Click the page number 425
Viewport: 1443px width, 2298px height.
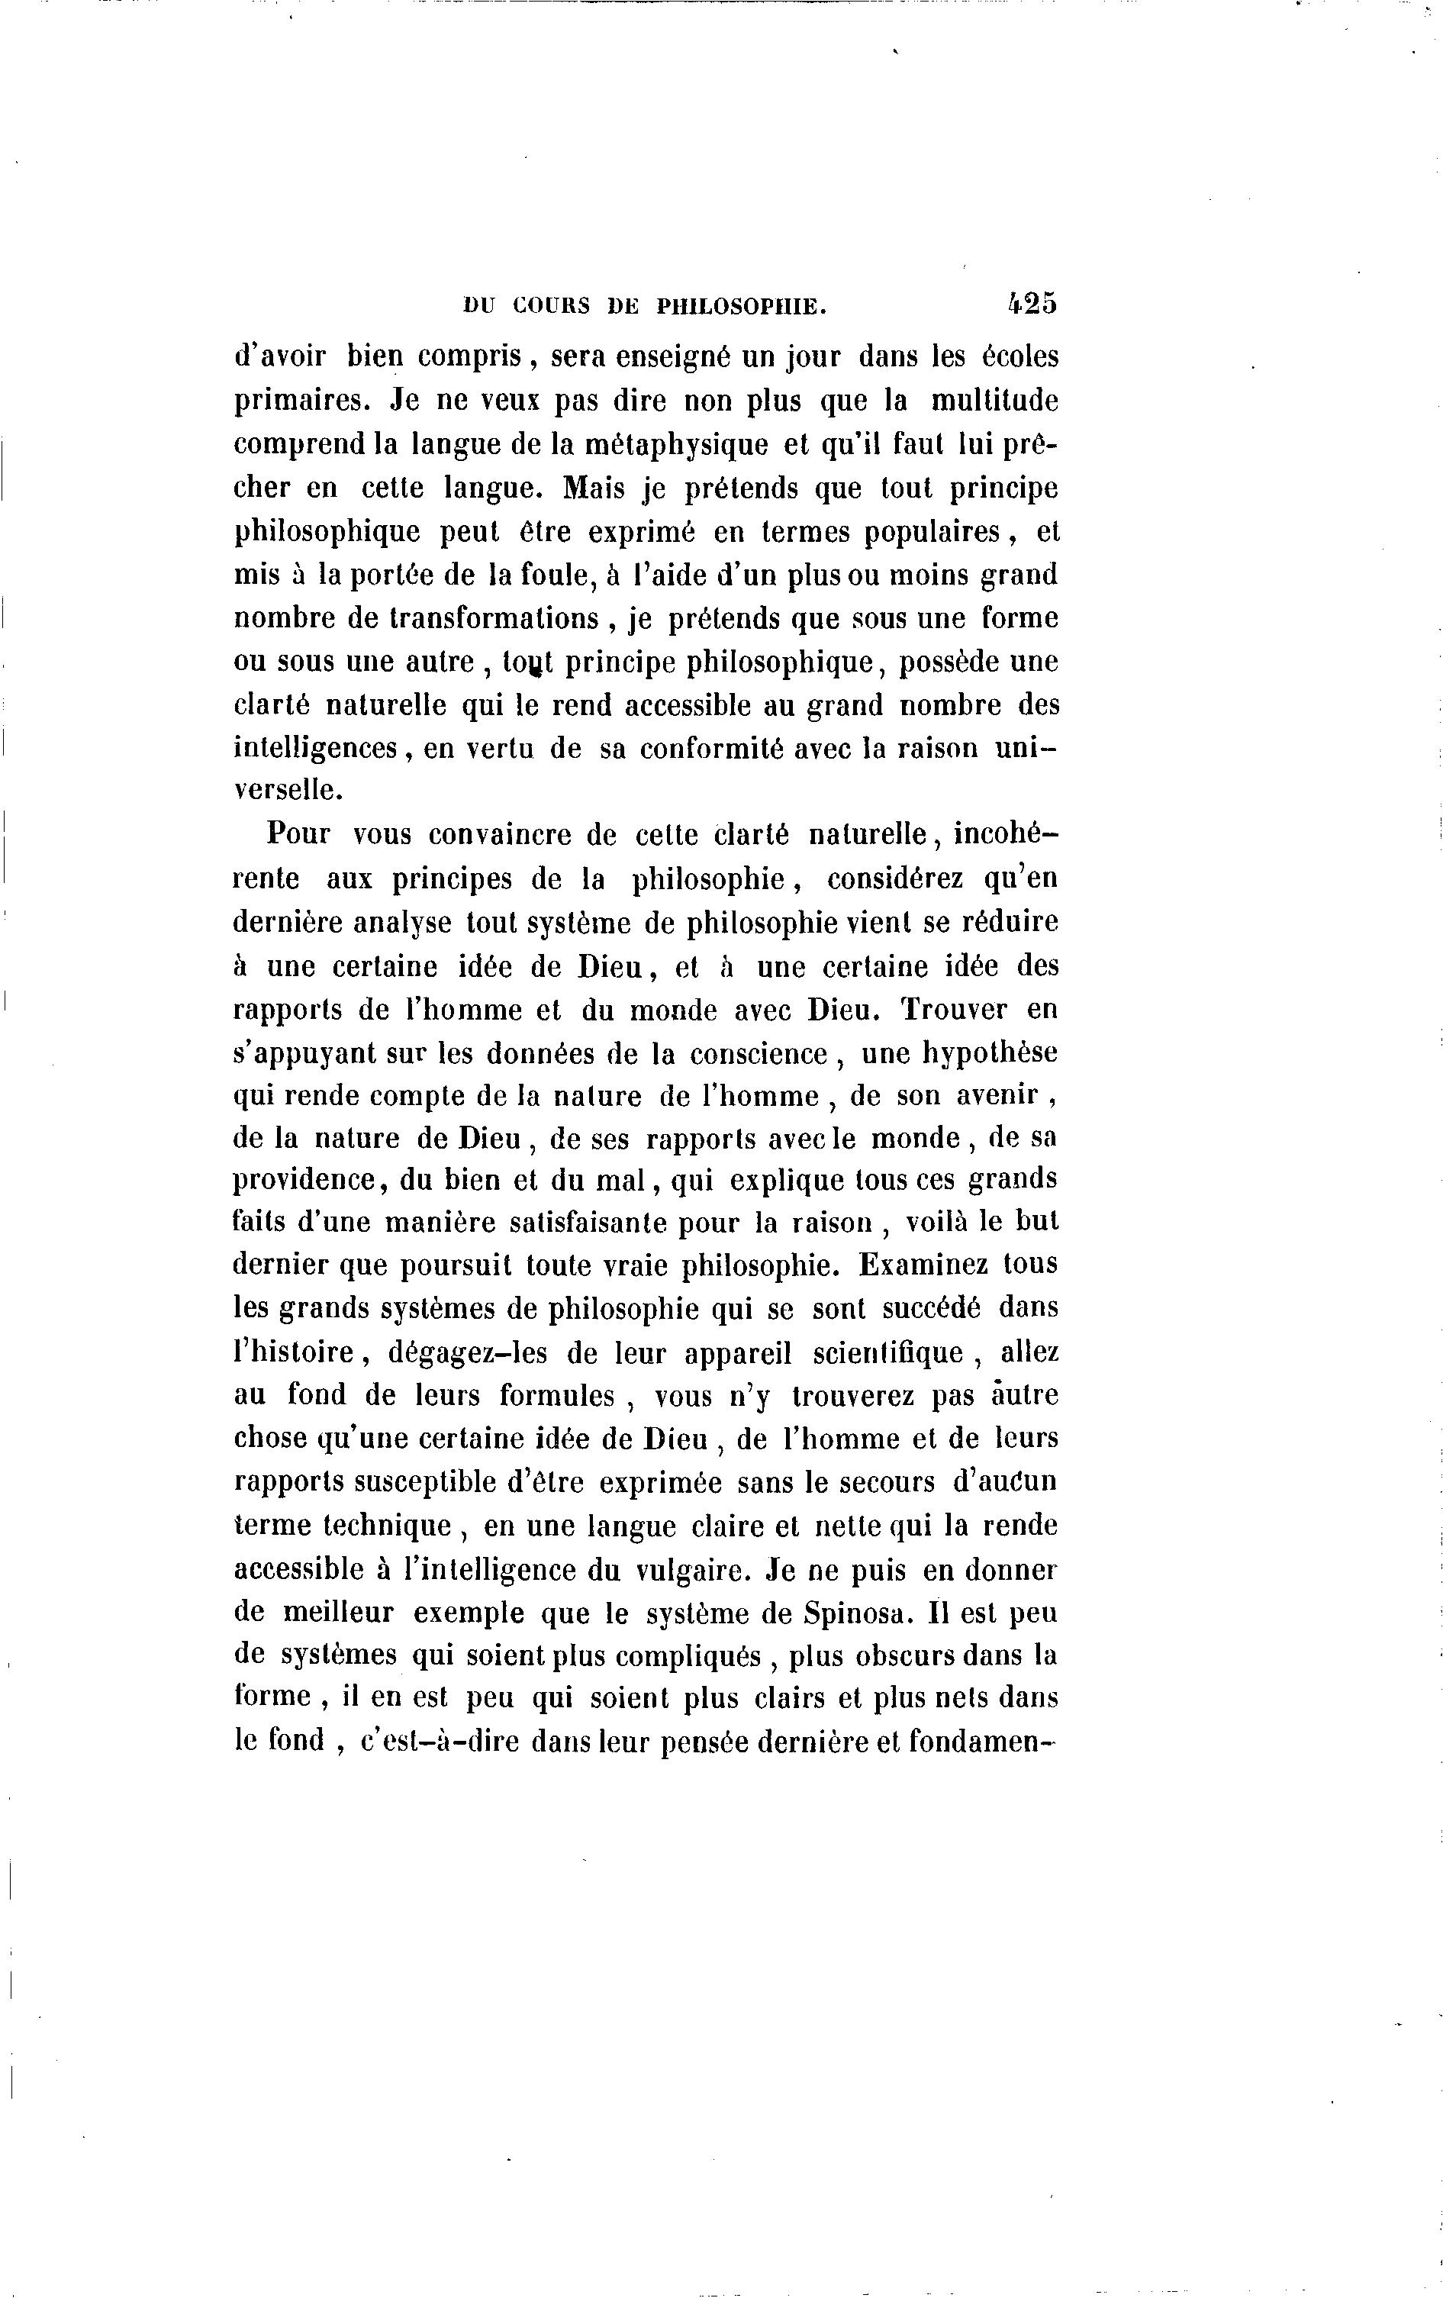pos(1032,304)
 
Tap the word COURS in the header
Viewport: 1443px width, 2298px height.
pos(552,306)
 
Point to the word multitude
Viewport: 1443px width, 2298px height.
pos(994,401)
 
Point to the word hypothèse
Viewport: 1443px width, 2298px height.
pos(989,1053)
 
